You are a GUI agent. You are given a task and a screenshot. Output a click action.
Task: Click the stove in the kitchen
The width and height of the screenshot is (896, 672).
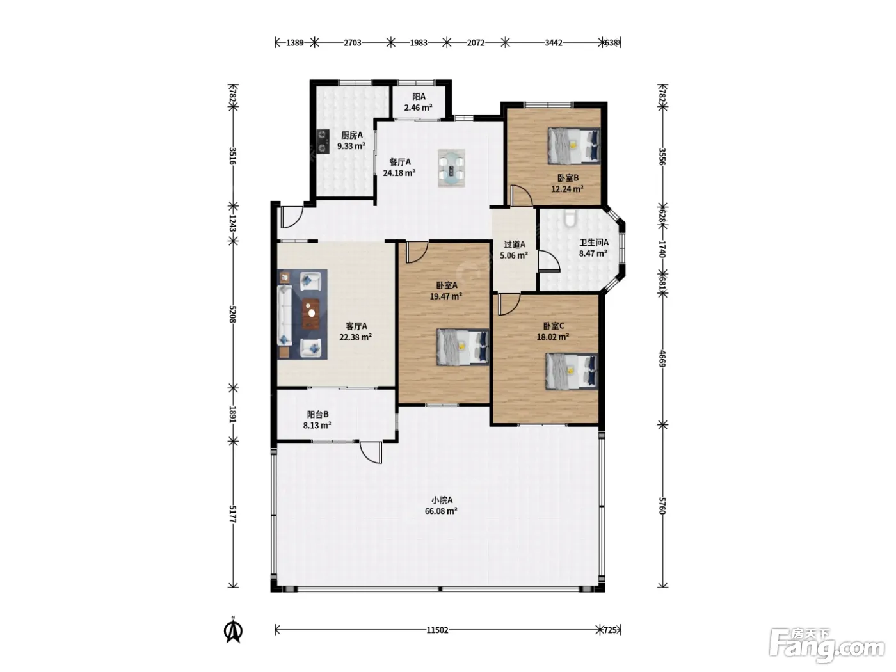pos(323,141)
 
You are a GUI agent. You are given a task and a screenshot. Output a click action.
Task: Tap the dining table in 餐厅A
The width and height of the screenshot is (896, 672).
pos(451,168)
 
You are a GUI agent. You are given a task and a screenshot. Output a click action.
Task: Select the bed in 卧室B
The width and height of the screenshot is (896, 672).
pos(574,146)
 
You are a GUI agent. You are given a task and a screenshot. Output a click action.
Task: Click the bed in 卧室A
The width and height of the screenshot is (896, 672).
pos(463,347)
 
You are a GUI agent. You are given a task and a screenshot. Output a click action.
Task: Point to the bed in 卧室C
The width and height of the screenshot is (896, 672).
pos(572,371)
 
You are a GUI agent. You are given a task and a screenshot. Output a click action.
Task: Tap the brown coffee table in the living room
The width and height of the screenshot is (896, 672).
pos(311,314)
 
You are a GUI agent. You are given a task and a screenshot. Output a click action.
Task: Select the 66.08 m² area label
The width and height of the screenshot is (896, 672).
pos(441,511)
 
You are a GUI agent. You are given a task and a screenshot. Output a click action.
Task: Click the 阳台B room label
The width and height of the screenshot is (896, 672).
pos(317,415)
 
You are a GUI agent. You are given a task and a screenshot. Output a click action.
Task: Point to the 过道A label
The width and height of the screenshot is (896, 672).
pos(515,244)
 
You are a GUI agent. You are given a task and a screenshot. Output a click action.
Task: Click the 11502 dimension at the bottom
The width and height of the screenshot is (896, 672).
pos(437,630)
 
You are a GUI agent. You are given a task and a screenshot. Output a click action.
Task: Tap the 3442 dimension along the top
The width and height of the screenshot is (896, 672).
pos(554,42)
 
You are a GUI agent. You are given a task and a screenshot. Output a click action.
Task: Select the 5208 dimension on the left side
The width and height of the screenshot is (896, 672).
pos(233,314)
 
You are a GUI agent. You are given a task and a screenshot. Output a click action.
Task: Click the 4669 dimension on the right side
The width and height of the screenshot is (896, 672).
pos(662,358)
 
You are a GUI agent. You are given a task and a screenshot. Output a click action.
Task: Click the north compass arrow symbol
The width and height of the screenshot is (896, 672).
pos(233,632)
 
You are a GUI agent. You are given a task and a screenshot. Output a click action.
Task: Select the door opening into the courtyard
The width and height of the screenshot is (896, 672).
pos(371,452)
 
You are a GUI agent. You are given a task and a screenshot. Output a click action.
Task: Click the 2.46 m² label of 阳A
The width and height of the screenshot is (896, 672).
pos(419,108)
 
